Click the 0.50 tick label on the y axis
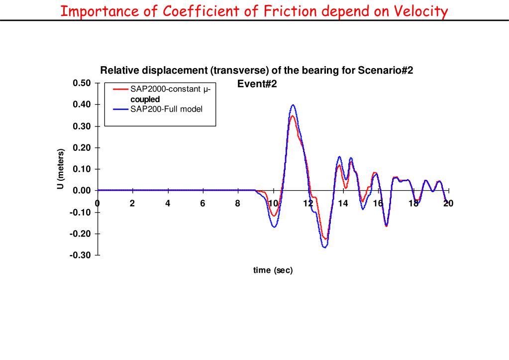click(82, 83)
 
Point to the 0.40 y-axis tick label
click(82, 105)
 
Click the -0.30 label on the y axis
click(80, 255)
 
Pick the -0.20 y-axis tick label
click(80, 234)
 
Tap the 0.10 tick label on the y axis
click(82, 169)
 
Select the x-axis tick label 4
click(168, 203)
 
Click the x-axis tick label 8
click(238, 203)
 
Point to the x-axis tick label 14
click(343, 203)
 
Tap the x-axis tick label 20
click(448, 203)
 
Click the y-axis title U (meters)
click(61, 169)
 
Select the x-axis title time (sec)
click(273, 270)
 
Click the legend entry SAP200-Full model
click(166, 109)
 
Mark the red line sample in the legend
click(121, 90)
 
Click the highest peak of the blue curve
click(293, 105)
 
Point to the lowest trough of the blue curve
click(324, 247)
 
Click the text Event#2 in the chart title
click(257, 84)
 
